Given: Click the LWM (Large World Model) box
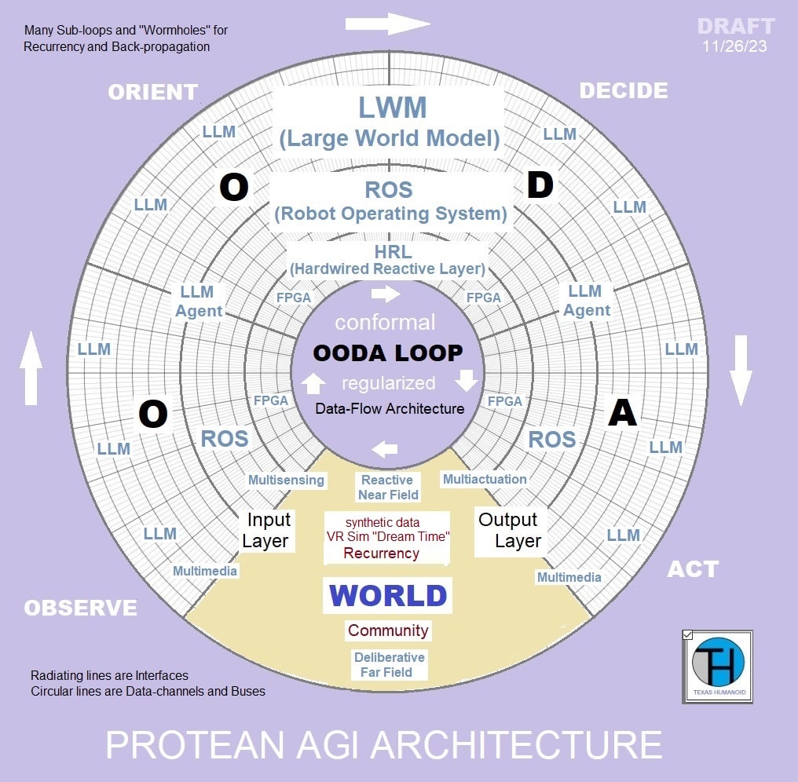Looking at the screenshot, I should point(389,122).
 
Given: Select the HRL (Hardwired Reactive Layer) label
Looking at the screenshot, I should point(388,259).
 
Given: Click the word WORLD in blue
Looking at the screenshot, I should point(388,596).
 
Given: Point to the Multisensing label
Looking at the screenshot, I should point(286,480).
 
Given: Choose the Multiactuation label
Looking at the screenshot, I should point(485,479).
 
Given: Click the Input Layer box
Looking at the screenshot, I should point(268,530).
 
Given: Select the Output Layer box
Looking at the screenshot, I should point(509,530).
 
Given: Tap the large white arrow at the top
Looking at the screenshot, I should point(388,24).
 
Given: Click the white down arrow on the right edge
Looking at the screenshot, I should point(741,370).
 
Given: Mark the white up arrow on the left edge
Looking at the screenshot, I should point(31,368).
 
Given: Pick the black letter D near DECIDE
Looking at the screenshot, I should point(540,187).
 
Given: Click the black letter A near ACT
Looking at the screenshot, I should point(622,413).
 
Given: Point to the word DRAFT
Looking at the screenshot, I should point(736,26).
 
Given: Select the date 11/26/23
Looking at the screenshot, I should point(736,46).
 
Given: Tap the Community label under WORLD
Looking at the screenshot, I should point(388,630).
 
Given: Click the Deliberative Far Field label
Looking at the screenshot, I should point(389,664).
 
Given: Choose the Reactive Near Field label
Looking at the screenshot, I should point(388,487).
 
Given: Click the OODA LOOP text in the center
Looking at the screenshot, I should point(388,353).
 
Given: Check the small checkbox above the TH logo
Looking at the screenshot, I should point(688,634).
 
